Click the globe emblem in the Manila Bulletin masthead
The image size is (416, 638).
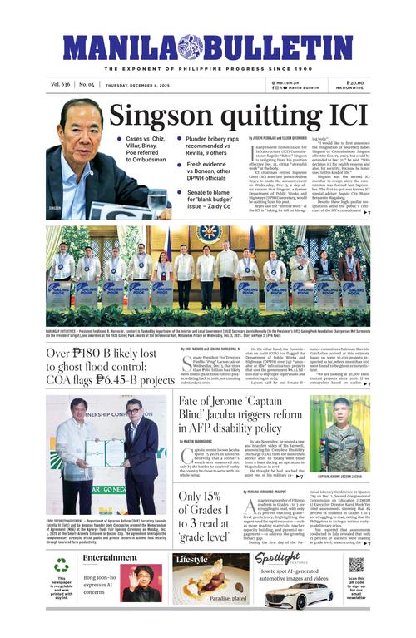point(191,47)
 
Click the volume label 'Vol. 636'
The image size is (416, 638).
point(60,85)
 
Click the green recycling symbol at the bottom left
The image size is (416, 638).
point(62,566)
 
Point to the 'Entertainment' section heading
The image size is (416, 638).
point(110,557)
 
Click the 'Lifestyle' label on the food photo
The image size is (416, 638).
point(192,560)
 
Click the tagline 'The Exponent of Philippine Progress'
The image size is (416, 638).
point(207,68)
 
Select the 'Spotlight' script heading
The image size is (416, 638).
point(277,558)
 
